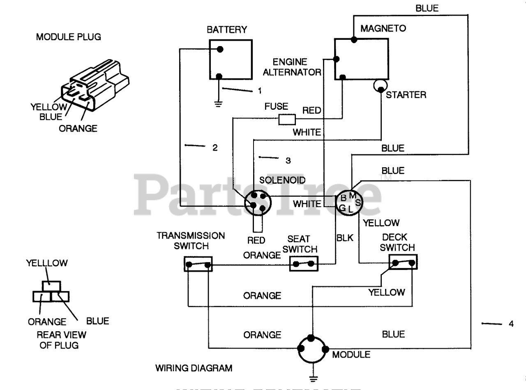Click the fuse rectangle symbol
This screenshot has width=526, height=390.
click(287, 119)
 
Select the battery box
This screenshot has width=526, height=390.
click(231, 59)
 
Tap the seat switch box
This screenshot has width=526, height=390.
click(304, 263)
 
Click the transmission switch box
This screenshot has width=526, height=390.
click(198, 264)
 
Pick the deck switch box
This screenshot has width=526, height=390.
click(403, 262)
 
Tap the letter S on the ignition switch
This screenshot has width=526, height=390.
click(358, 203)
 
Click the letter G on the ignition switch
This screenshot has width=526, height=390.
click(342, 208)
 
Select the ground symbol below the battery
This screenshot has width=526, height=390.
click(218, 104)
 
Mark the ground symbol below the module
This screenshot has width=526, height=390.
click(313, 379)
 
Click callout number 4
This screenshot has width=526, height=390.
click(511, 324)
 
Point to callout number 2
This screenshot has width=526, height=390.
click(215, 148)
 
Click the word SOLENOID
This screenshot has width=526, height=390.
click(282, 180)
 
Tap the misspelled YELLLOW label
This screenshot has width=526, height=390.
click(47, 263)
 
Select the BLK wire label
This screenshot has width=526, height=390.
click(345, 238)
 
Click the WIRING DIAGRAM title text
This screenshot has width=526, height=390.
click(194, 368)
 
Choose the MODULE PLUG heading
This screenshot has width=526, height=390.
click(69, 37)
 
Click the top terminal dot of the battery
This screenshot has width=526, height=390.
click(220, 49)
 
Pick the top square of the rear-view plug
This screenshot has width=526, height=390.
click(51, 286)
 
